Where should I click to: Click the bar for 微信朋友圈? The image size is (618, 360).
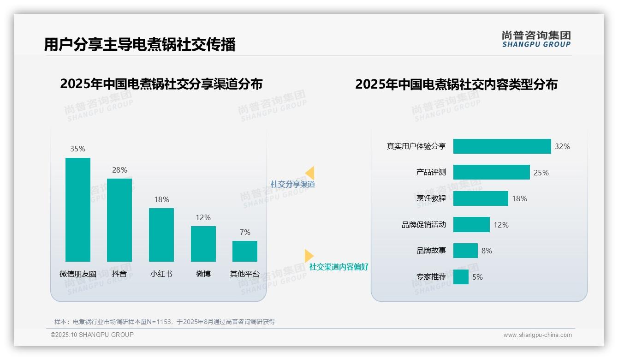pyautogui.click(x=78, y=210)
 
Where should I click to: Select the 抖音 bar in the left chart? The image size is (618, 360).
pyautogui.click(x=119, y=220)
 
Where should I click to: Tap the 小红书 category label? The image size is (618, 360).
pyautogui.click(x=161, y=274)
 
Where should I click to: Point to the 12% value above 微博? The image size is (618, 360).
pyautogui.click(x=203, y=217)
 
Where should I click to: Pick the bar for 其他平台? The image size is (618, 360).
pyautogui.click(x=245, y=251)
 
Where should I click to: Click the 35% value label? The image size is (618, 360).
pyautogui.click(x=77, y=149)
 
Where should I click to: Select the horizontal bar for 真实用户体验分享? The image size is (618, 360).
pyautogui.click(x=502, y=146)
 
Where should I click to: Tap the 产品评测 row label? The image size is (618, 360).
pyautogui.click(x=431, y=173)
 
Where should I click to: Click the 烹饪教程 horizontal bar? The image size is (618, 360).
pyautogui.click(x=481, y=198)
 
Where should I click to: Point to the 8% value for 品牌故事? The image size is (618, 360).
pyautogui.click(x=487, y=251)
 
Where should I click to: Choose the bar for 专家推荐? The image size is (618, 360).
pyautogui.click(x=461, y=277)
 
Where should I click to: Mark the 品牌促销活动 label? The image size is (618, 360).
pyautogui.click(x=423, y=225)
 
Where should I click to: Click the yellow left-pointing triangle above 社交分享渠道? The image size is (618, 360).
pyautogui.click(x=310, y=173)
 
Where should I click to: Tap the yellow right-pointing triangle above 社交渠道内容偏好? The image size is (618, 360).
pyautogui.click(x=309, y=256)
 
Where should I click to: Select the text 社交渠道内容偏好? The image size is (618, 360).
pyautogui.click(x=339, y=267)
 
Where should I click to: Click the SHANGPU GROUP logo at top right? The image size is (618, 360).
pyautogui.click(x=536, y=39)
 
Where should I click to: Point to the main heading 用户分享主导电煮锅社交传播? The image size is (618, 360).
pyautogui.click(x=140, y=44)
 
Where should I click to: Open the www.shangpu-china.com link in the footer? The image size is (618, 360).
pyautogui.click(x=537, y=335)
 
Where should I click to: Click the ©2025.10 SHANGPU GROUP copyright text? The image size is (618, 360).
pyautogui.click(x=92, y=335)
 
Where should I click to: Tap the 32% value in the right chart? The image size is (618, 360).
pyautogui.click(x=562, y=146)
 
